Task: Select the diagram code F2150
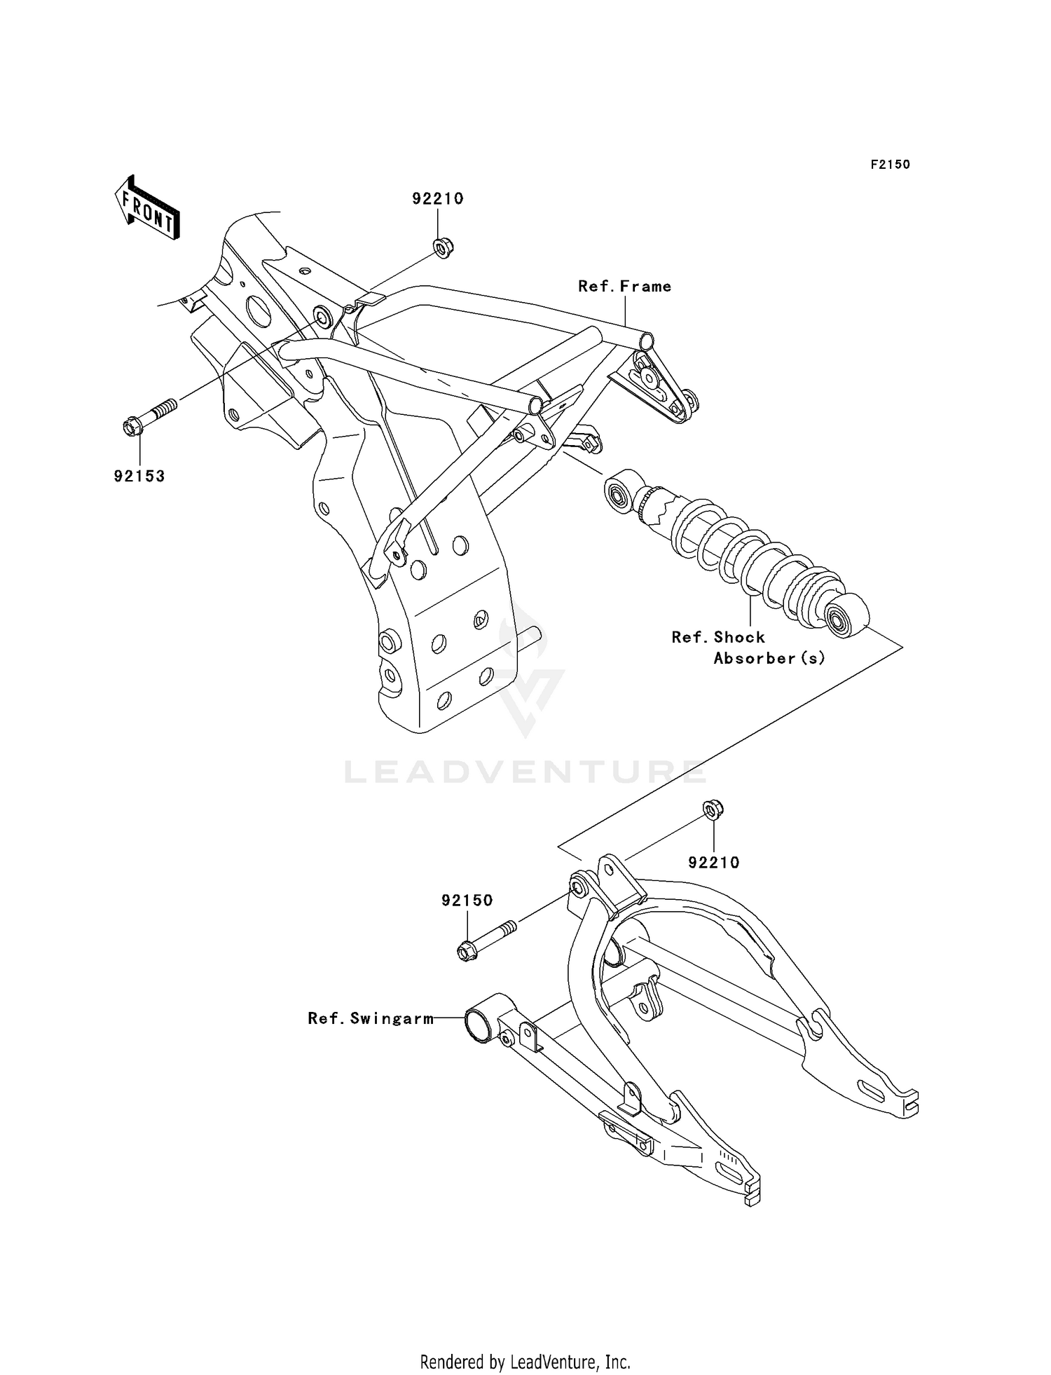890,165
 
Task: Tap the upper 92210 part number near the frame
437,199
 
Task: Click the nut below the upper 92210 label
442,247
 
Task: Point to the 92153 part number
139,477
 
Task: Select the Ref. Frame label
624,287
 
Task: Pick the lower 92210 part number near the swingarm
713,863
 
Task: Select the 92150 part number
467,901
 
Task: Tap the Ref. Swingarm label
371,1019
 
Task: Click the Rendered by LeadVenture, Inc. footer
525,1362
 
